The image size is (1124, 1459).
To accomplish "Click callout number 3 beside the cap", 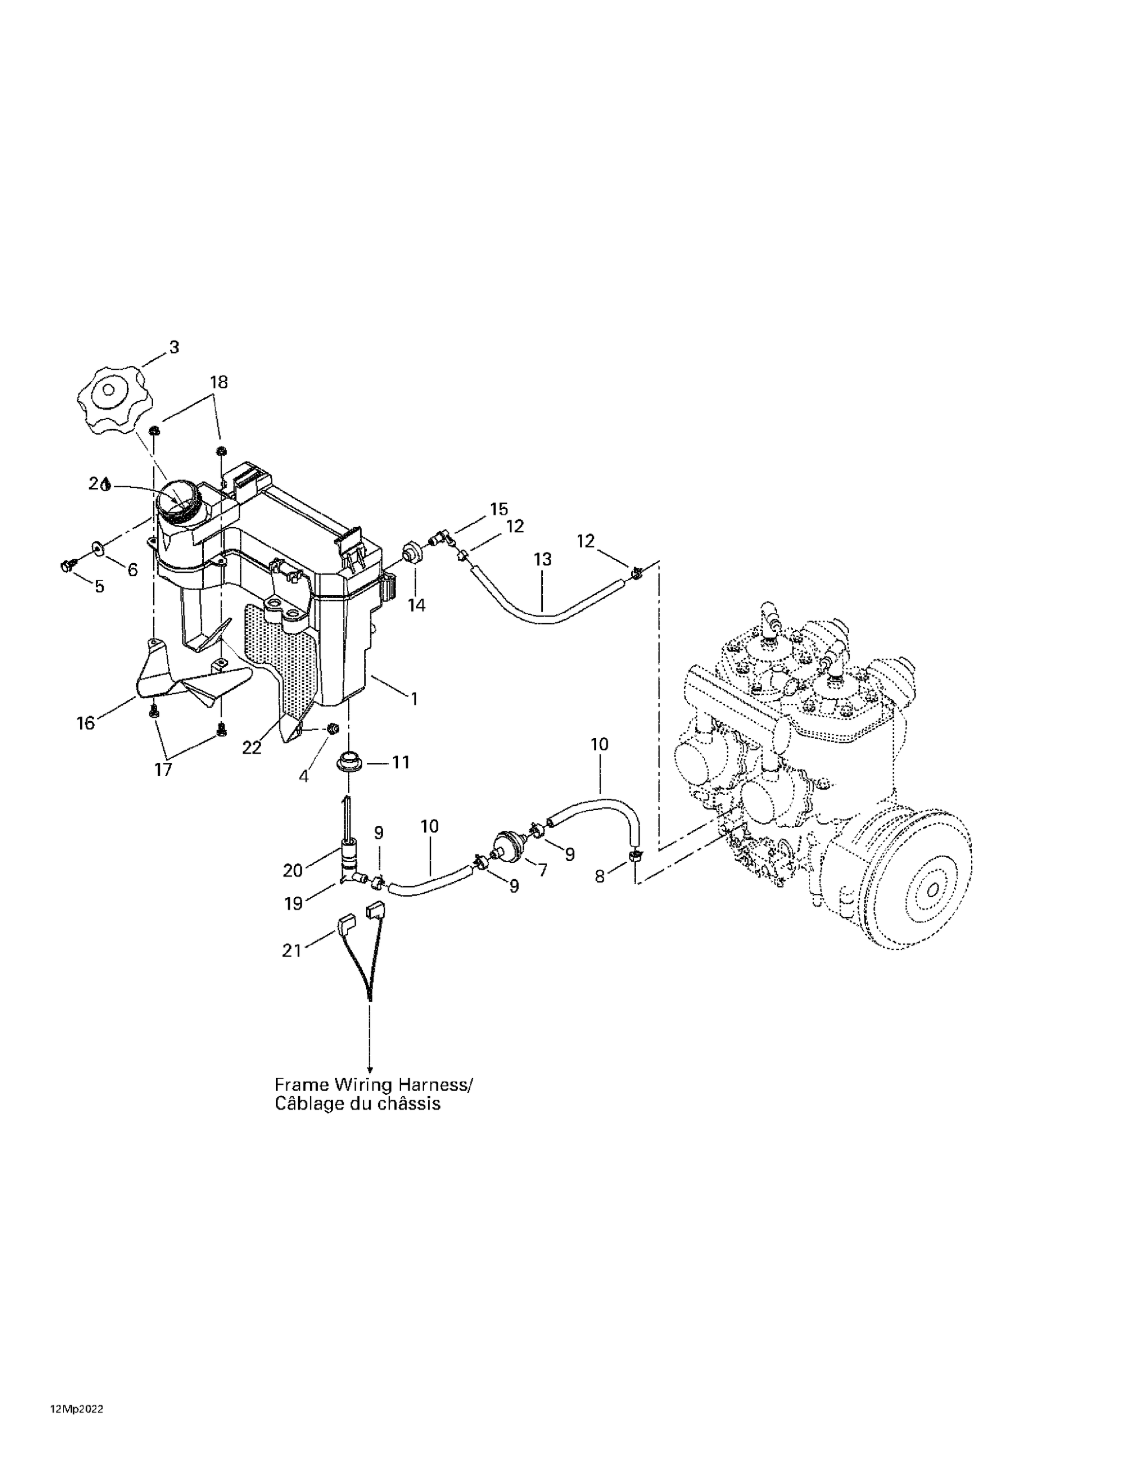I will pyautogui.click(x=174, y=347).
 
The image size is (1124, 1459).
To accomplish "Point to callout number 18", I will pyautogui.click(x=218, y=382).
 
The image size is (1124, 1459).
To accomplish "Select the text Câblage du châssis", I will pyautogui.click(x=357, y=1103).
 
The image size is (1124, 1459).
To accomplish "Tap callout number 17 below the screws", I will pyautogui.click(x=163, y=769).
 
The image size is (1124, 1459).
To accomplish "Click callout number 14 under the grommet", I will pyautogui.click(x=416, y=605).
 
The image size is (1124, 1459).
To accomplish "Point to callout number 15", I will pyautogui.click(x=499, y=509).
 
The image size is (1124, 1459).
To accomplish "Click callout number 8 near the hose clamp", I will pyautogui.click(x=599, y=876).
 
